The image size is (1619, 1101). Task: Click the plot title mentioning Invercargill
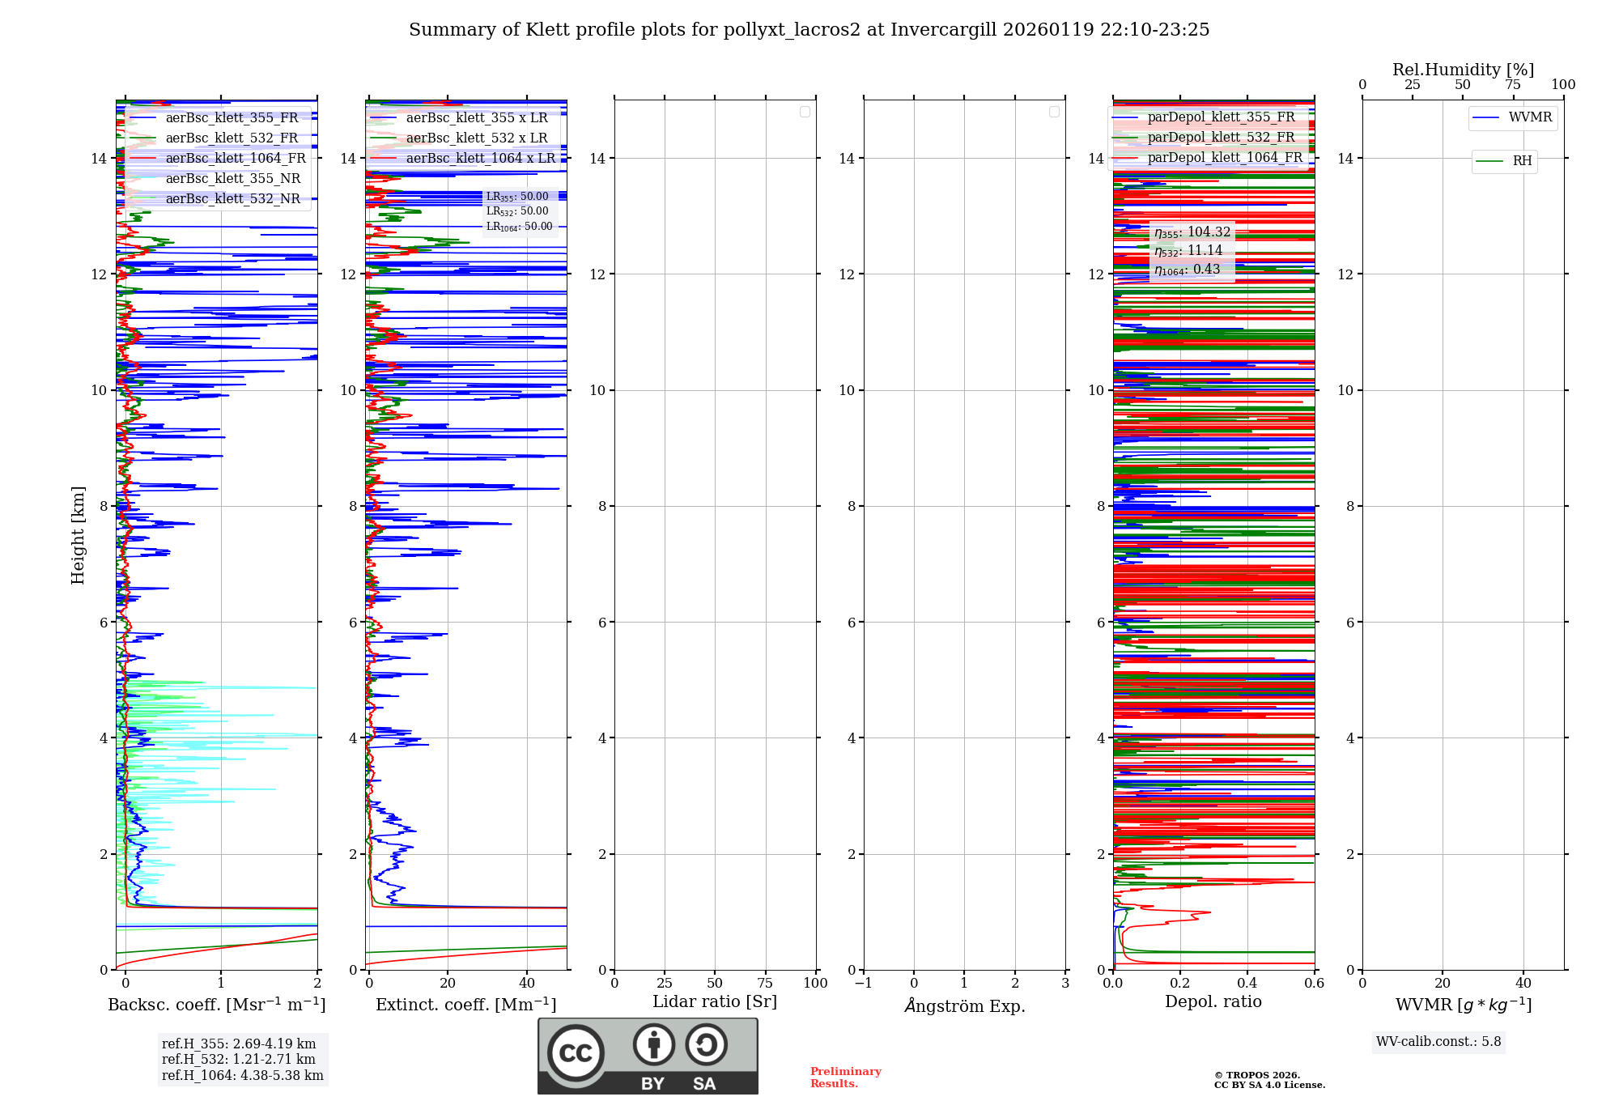coord(809,30)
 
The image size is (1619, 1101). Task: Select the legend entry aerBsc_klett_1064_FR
coord(236,159)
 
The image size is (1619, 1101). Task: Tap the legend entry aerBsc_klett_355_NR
coord(232,179)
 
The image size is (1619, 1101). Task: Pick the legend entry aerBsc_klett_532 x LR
coord(476,138)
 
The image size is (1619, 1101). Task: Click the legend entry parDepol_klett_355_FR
coord(1221,117)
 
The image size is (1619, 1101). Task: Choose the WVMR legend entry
coord(1530,117)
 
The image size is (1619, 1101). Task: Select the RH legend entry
coord(1522,161)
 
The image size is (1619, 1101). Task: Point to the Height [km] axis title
coord(78,534)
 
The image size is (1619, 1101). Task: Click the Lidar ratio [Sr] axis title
coord(715,1001)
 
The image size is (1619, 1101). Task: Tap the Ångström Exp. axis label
coord(964,1005)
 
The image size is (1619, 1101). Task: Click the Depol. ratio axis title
coord(1213,1001)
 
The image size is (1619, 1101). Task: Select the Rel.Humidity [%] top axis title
coord(1463,70)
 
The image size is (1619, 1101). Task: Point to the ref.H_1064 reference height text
coord(242,1075)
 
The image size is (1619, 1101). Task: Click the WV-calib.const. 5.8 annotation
coord(1438,1042)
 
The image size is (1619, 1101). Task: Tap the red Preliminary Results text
coord(845,1078)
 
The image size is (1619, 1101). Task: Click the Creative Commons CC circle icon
coord(576,1053)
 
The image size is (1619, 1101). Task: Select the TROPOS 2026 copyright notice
coord(1268,1080)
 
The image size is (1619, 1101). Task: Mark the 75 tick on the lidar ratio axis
coord(765,983)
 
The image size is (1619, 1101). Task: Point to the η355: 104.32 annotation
coord(1192,232)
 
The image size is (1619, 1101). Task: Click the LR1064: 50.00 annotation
coord(519,227)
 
